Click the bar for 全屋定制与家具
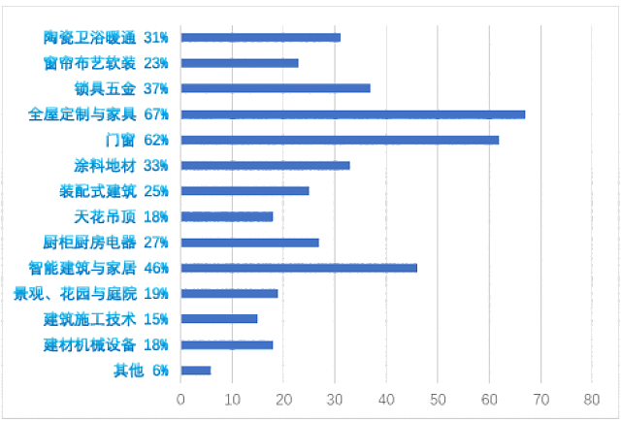pyautogui.click(x=353, y=114)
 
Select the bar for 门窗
pyautogui.click(x=340, y=140)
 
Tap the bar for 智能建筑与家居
pyautogui.click(x=299, y=268)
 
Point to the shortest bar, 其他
pyautogui.click(x=196, y=370)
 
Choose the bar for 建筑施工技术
pyautogui.click(x=219, y=318)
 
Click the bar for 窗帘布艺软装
pyautogui.click(x=240, y=63)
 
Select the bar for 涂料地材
pyautogui.click(x=266, y=165)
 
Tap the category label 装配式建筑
pyautogui.click(x=98, y=191)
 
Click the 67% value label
pyautogui.click(x=156, y=114)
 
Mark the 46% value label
pyautogui.click(x=156, y=268)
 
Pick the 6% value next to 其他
pyautogui.click(x=160, y=370)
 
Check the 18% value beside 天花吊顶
pyautogui.click(x=156, y=216)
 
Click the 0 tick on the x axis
pyautogui.click(x=180, y=398)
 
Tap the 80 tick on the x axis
pyautogui.click(x=593, y=398)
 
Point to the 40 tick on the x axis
pyautogui.click(x=387, y=398)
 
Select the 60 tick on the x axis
pyautogui.click(x=490, y=398)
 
